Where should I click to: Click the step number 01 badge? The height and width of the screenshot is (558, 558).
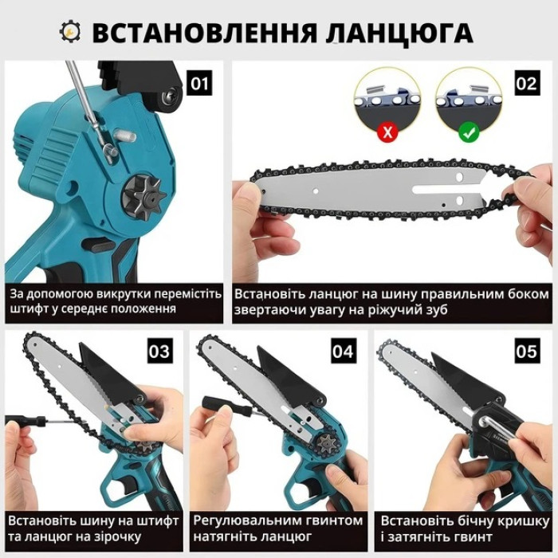coord(199,83)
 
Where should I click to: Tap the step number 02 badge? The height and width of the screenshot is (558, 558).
coord(528,83)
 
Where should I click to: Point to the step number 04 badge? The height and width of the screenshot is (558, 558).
coord(344,351)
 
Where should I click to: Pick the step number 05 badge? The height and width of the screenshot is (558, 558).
coord(528,351)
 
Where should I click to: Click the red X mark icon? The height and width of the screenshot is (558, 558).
coord(387,132)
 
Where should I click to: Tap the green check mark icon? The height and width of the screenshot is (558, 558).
coord(469,132)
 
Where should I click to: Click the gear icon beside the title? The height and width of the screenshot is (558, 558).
coord(70,32)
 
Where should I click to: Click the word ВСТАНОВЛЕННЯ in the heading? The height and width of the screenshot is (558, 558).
coord(205,33)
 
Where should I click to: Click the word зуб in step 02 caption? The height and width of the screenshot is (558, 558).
coord(435,310)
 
